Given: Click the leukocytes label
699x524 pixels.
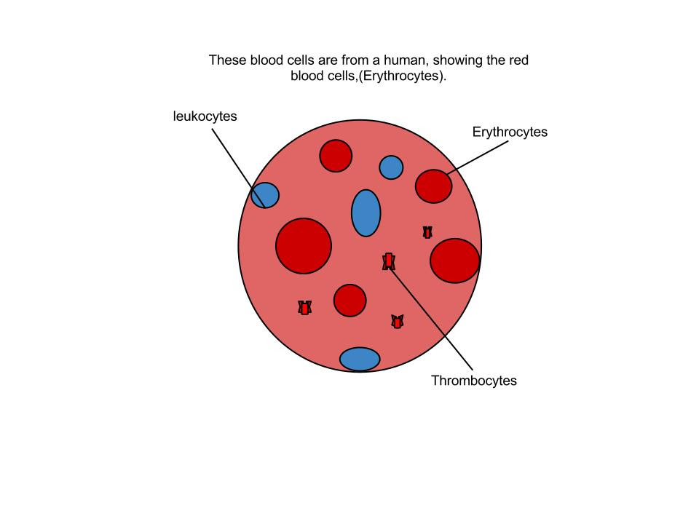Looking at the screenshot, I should click(205, 116).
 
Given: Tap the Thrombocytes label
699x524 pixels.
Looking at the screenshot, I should click(473, 381).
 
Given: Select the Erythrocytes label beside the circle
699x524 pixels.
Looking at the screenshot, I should click(510, 132).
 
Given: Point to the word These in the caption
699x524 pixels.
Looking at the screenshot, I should click(228, 60).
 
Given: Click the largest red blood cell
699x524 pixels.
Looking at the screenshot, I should click(304, 246).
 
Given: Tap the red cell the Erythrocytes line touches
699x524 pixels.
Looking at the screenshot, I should click(433, 186).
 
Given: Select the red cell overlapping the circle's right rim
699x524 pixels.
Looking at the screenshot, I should click(455, 261).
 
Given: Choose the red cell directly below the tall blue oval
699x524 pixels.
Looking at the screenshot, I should click(349, 300).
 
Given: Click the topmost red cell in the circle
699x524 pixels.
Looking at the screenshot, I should click(336, 156).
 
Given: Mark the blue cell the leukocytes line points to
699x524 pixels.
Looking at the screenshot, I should click(265, 195).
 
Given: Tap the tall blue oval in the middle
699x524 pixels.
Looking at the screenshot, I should click(366, 213).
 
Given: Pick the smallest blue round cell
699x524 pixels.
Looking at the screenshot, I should click(391, 167).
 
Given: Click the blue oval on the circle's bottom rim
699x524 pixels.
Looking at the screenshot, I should click(360, 359).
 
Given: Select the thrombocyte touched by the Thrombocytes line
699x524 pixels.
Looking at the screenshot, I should click(389, 261).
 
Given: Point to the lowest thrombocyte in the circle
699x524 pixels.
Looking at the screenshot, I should click(397, 322).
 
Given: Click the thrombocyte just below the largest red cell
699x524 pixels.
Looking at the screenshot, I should click(304, 308).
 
